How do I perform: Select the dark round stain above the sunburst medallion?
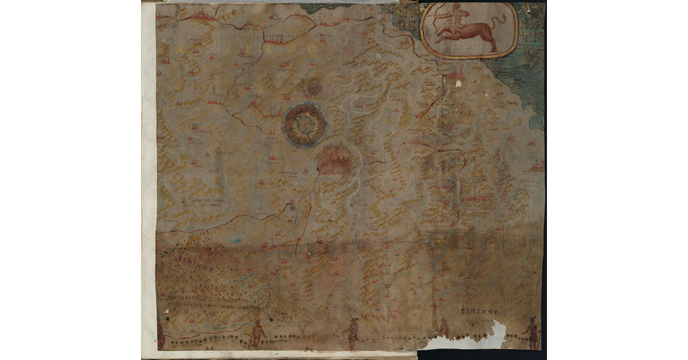coord(314,88)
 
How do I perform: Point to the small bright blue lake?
coord(235,240)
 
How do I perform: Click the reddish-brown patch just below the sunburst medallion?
coord(334,159)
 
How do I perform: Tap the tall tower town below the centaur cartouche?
coord(456,73)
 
